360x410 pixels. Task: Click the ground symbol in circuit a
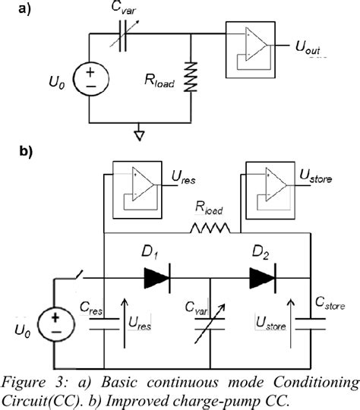[x=138, y=134]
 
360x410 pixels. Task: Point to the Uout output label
[x=311, y=49]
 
